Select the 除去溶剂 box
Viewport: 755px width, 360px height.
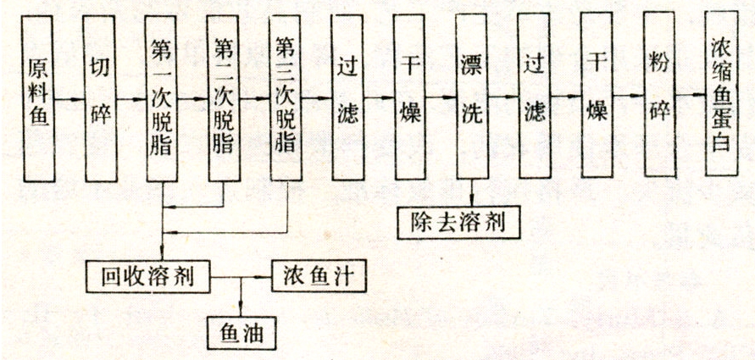(457, 223)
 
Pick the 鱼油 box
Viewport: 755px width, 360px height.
(241, 330)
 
